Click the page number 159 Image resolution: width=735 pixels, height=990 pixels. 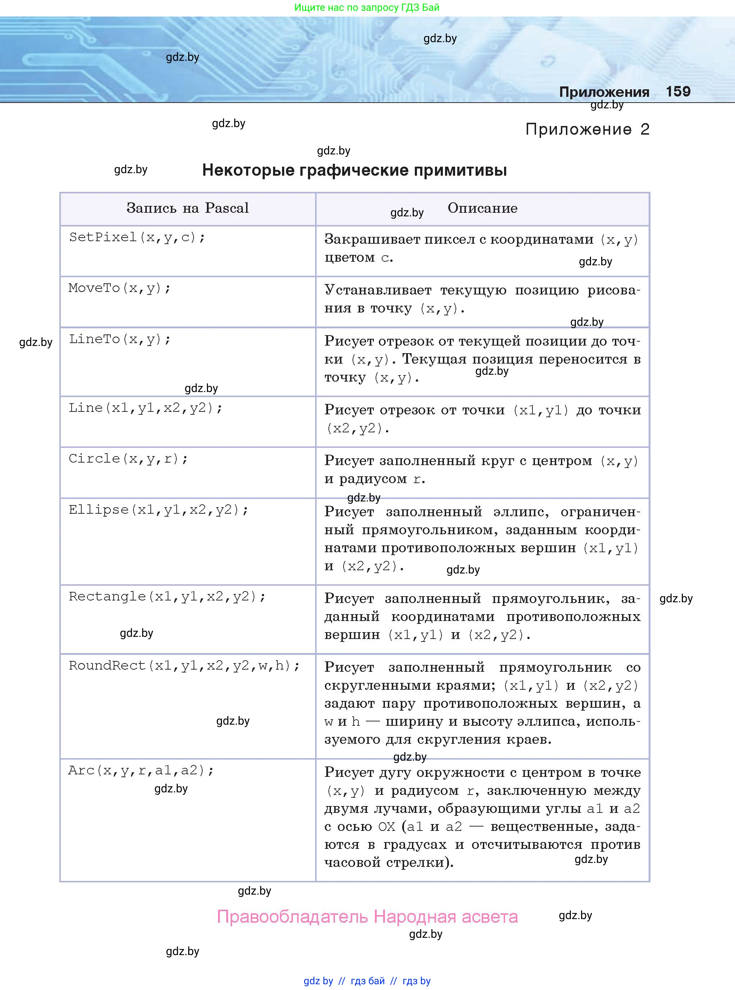pos(678,92)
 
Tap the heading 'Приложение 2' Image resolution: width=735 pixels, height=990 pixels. pos(587,130)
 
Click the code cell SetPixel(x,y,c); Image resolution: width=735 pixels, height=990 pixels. pos(137,237)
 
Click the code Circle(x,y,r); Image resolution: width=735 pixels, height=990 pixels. pos(128,459)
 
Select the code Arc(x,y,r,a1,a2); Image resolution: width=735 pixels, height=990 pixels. pos(141,770)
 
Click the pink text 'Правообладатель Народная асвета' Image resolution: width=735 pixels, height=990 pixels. pos(367,917)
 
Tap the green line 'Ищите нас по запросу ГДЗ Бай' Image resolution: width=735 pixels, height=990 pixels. pos(367,8)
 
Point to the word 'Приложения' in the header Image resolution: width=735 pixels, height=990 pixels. pos(604,92)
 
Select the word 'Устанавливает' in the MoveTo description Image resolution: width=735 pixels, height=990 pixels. pos(378,290)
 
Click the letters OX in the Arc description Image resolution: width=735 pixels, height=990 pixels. pos(386,827)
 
